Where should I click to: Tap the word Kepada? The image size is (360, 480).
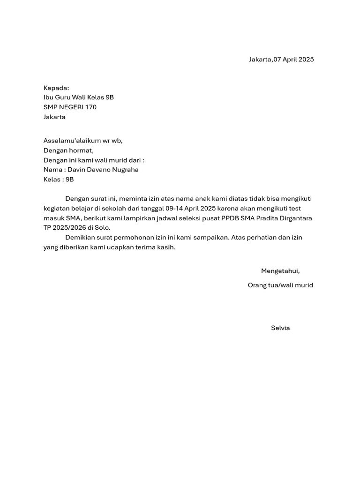click(x=56, y=88)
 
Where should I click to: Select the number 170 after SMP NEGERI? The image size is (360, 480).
click(x=90, y=107)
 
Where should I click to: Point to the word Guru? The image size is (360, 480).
click(x=64, y=97)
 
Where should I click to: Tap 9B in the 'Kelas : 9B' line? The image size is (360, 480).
click(x=69, y=180)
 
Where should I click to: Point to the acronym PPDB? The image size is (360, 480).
click(x=230, y=218)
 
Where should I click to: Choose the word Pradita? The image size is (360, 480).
click(x=269, y=218)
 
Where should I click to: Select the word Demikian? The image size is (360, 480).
click(x=81, y=238)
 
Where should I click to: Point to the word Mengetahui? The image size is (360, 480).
click(x=280, y=271)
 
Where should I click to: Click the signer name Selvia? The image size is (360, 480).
click(x=280, y=328)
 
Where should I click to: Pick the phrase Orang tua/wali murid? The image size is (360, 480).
click(x=280, y=285)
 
